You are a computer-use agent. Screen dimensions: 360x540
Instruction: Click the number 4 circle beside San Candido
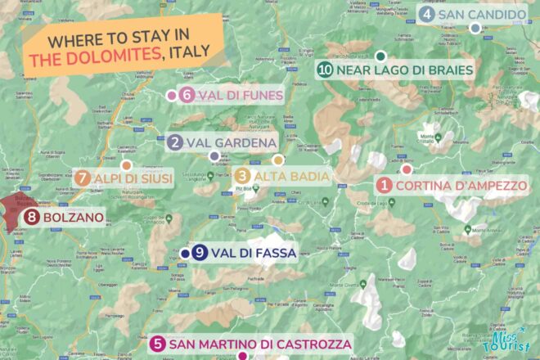(x=426, y=15)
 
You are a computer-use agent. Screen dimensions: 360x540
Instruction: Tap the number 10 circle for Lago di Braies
(x=326, y=70)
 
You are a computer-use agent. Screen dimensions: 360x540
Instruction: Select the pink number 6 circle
(x=187, y=96)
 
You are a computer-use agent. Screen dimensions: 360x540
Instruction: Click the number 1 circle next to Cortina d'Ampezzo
(x=384, y=186)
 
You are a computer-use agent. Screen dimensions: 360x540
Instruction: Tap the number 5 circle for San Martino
(x=158, y=344)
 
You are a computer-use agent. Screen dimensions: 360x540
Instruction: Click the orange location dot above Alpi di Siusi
(x=126, y=164)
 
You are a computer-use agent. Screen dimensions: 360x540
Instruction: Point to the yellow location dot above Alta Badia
(x=278, y=160)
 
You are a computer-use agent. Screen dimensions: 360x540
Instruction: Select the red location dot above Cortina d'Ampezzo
(x=406, y=169)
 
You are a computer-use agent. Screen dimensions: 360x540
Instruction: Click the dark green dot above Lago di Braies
(x=380, y=56)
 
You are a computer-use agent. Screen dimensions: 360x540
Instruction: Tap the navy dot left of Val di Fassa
(x=186, y=254)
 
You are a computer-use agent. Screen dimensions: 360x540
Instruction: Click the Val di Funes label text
(x=239, y=96)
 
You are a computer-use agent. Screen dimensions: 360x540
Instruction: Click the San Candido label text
(x=482, y=15)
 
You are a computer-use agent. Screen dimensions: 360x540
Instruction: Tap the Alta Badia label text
(x=293, y=176)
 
